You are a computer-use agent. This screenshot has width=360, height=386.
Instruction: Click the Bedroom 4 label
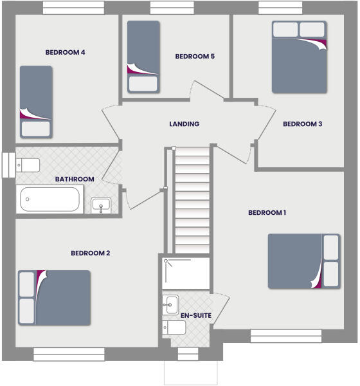[x=66, y=53]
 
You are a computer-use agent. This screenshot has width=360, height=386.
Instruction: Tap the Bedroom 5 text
[x=195, y=57]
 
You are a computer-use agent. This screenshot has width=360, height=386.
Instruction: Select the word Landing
[x=184, y=124]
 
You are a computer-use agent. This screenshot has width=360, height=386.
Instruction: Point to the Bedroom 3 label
[x=303, y=124]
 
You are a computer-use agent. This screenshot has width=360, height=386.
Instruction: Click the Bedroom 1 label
[x=267, y=213]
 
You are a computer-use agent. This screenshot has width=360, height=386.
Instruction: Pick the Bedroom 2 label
[x=91, y=253]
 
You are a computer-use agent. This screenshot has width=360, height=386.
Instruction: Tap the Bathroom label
[x=75, y=179]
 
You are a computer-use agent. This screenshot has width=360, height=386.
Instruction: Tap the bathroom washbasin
[x=100, y=205]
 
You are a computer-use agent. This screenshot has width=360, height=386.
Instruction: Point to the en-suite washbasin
[x=171, y=304]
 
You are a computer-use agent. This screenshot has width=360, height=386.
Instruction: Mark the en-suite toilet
[x=175, y=328]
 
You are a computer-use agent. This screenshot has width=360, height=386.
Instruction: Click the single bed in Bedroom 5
[x=143, y=57]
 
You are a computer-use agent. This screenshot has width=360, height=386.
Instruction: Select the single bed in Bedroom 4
[x=35, y=101]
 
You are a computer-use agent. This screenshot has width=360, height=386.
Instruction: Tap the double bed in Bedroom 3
[x=300, y=57]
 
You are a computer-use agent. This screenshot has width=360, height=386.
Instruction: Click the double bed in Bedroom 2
[x=54, y=297]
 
